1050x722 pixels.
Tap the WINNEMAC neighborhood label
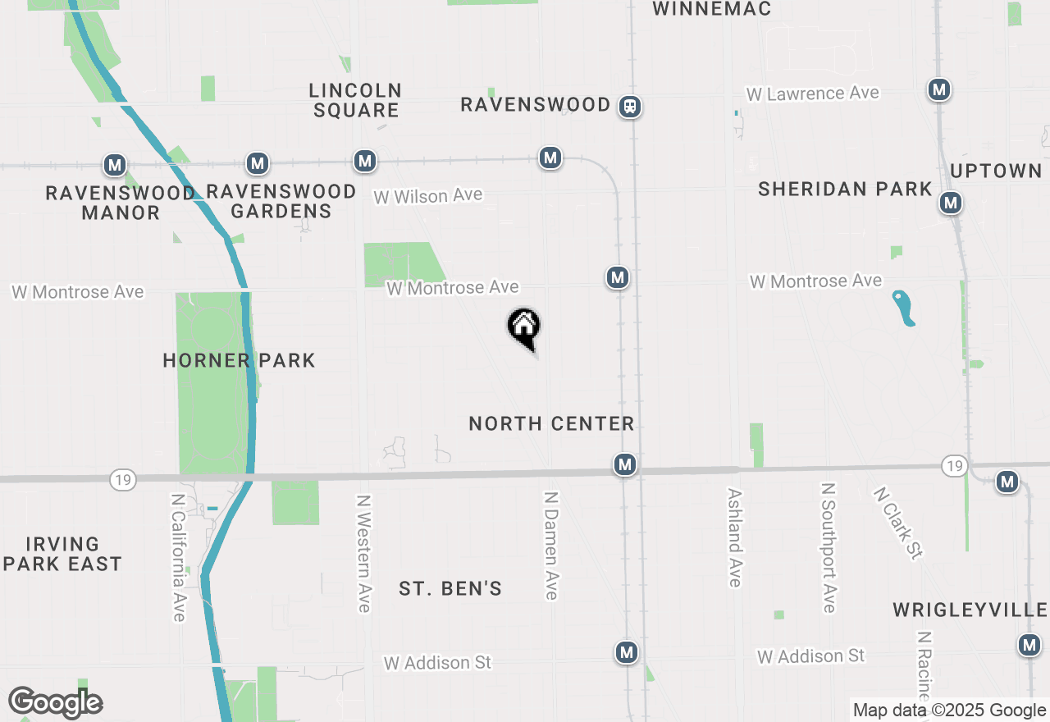(712, 9)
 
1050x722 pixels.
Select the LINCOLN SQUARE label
(355, 100)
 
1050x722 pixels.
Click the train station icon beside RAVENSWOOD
(630, 106)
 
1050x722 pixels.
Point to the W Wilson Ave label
(427, 196)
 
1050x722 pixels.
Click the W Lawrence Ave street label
(812, 94)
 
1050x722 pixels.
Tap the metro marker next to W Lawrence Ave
(939, 89)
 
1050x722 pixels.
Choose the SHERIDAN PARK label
(845, 190)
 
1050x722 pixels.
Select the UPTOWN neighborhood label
(996, 171)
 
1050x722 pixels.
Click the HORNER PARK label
(239, 360)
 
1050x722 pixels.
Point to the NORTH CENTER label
(551, 424)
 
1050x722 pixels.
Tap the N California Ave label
(179, 557)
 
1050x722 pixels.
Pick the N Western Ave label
(364, 552)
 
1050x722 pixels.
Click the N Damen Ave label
(551, 546)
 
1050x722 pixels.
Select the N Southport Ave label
(829, 547)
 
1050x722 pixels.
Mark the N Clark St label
(897, 523)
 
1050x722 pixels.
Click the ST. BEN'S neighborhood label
(450, 589)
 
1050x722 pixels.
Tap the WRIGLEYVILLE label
(970, 610)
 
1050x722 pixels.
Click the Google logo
(55, 702)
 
